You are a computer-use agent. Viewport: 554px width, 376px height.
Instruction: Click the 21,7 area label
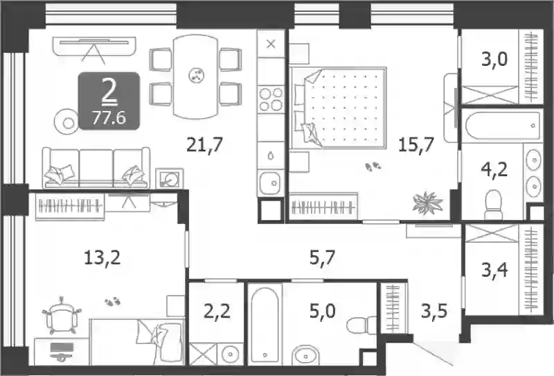coord(204,144)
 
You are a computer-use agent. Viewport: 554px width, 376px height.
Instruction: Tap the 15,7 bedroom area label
coord(416,144)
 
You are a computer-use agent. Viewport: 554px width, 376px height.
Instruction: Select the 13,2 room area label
coord(102,257)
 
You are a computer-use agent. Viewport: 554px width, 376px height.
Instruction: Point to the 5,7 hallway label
coord(322,257)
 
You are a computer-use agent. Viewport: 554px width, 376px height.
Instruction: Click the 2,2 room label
coord(217,311)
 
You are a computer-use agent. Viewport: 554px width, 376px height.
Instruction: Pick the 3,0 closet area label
coord(494,59)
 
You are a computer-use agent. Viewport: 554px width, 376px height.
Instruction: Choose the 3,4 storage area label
coord(494,271)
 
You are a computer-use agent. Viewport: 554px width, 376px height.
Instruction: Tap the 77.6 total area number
coord(109,118)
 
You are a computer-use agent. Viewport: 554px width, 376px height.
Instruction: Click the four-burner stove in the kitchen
coord(271,99)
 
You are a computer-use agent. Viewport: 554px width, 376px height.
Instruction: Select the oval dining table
coord(195,76)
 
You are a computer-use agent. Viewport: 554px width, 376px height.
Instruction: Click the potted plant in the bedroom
coord(427,203)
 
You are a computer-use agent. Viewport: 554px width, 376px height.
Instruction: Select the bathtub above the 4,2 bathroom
coord(502,126)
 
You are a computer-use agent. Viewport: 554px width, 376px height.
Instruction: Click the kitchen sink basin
coord(271,182)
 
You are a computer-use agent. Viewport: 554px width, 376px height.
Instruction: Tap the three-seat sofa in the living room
coord(96,168)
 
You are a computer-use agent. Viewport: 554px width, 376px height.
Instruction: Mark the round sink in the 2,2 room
coord(231,353)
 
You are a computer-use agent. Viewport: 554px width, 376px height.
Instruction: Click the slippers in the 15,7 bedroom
coord(373,166)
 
